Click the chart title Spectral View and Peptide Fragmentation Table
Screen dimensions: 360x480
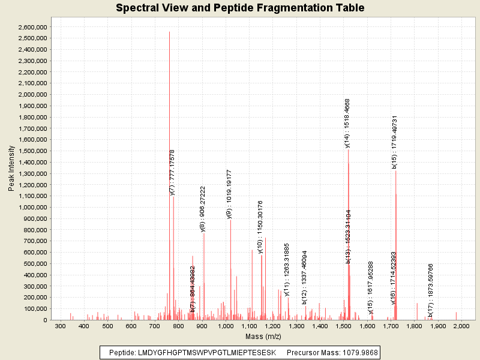[240, 8]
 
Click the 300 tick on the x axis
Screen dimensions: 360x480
[60, 326]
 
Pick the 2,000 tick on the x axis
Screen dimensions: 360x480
[461, 326]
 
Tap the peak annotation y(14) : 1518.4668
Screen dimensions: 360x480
[347, 122]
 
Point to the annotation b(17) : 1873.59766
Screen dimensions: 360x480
[430, 291]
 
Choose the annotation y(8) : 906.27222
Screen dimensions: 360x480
[203, 208]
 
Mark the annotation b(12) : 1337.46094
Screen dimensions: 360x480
[304, 277]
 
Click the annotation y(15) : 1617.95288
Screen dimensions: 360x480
[371, 287]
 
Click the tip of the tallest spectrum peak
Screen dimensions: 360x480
[169, 32]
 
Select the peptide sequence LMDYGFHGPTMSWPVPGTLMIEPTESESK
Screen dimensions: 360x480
[206, 352]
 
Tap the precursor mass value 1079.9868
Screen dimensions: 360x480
[358, 352]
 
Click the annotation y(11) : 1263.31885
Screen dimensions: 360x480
[287, 269]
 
